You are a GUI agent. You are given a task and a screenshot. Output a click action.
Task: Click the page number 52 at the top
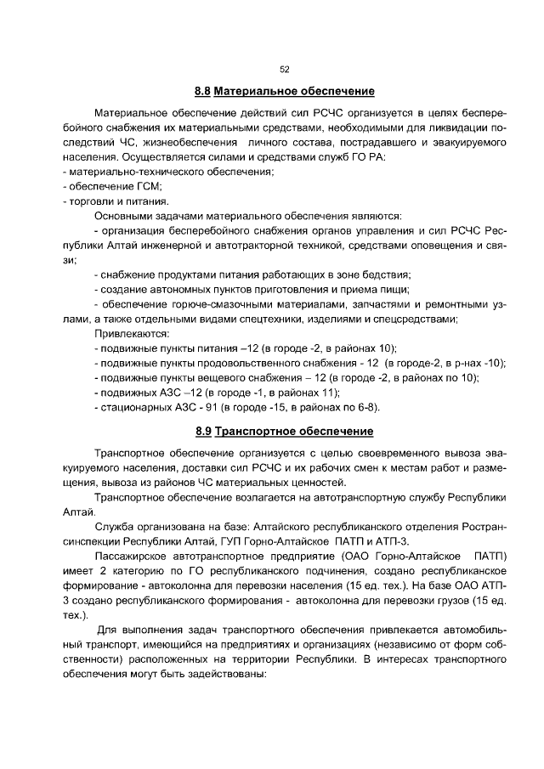285,70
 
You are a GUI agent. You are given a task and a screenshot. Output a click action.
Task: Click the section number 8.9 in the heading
205,431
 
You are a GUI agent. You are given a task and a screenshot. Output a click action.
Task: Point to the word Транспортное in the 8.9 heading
257,431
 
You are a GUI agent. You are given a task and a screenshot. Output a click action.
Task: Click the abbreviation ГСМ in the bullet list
147,186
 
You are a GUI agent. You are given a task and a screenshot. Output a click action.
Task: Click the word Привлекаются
132,333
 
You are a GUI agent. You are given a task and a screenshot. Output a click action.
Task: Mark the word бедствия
387,274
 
